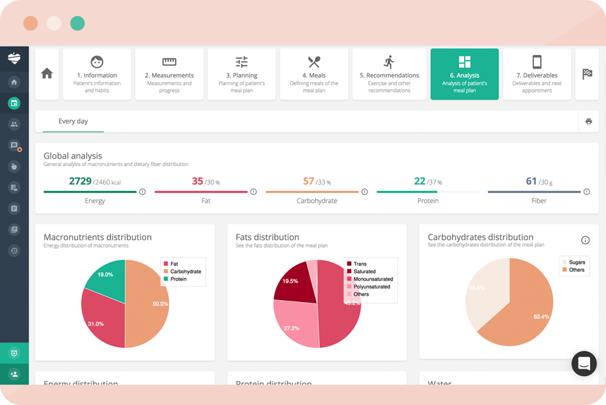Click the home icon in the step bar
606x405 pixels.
(x=47, y=74)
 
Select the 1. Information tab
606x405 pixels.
(x=97, y=74)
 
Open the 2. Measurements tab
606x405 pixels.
(x=169, y=74)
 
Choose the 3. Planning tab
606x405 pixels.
(x=241, y=74)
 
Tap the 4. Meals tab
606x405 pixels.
(x=314, y=74)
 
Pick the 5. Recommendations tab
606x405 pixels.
(x=389, y=74)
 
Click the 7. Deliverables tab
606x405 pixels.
(x=537, y=74)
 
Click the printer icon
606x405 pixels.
(x=588, y=122)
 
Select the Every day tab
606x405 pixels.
(x=73, y=121)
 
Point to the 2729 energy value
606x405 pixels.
(x=80, y=181)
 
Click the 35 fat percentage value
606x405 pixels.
(x=197, y=181)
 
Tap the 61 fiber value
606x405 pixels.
(x=531, y=181)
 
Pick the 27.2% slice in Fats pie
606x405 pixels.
(x=292, y=326)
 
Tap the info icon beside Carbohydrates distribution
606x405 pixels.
(x=585, y=240)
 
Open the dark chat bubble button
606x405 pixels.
(x=584, y=363)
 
